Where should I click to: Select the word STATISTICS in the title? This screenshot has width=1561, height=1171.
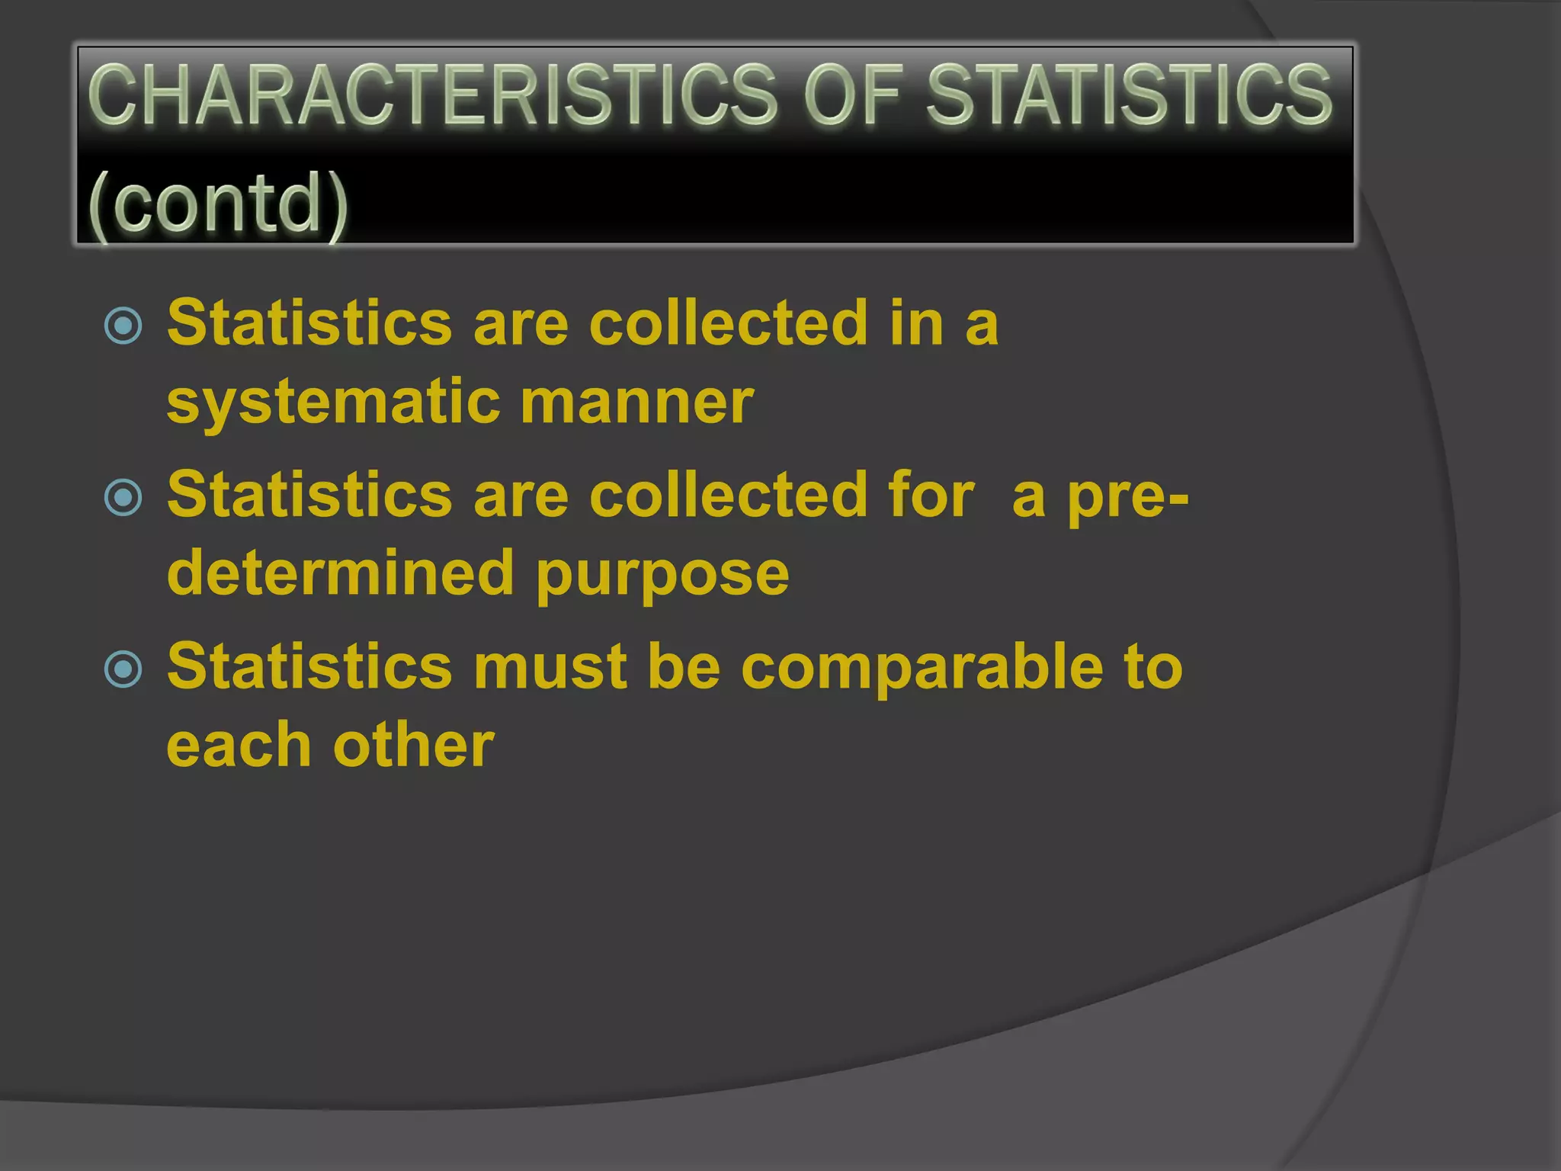pos(1129,95)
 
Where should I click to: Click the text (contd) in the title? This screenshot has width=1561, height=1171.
pos(218,203)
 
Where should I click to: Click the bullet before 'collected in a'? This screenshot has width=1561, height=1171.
pos(123,326)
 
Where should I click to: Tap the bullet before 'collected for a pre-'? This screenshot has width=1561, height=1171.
pos(123,498)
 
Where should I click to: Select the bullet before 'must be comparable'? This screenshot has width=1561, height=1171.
pos(123,669)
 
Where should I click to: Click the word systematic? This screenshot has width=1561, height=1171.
pos(333,403)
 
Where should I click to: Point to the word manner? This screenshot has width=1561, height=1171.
pos(637,402)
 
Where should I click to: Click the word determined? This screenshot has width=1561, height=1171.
pos(340,573)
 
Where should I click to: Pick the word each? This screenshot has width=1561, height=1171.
pos(239,745)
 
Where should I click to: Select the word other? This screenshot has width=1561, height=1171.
pos(414,745)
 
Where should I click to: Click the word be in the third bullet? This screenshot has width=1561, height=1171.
pos(684,666)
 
